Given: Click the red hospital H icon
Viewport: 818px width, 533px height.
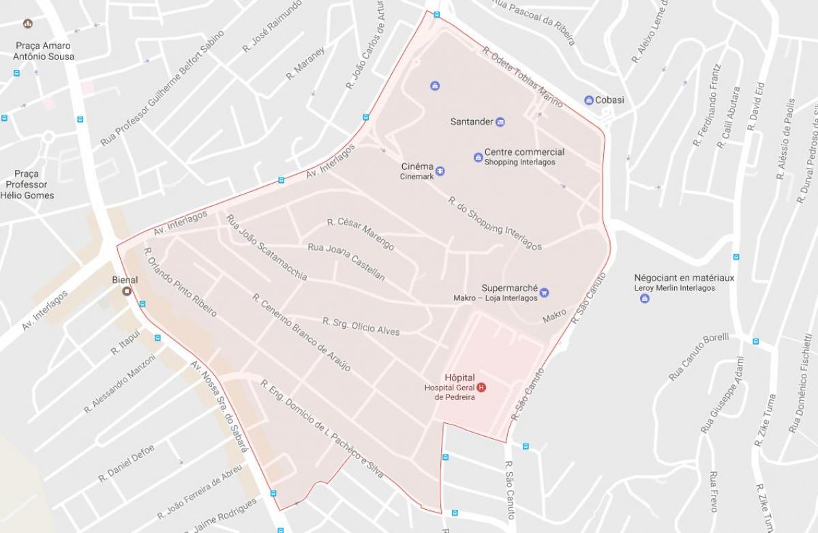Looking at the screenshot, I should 482,388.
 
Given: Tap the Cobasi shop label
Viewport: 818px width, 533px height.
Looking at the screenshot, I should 609,100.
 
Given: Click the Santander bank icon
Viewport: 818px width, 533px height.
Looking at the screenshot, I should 500,122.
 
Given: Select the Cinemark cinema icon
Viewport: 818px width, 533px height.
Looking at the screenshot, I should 440,171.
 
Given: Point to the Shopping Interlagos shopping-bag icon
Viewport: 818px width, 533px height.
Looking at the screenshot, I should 478,158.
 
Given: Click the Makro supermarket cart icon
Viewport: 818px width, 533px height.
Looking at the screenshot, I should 544,293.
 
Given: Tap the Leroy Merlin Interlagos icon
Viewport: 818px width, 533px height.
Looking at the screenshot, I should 645,298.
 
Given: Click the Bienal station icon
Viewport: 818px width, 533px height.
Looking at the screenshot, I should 127,291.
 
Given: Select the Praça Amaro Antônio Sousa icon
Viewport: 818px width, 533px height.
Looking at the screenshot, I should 28,24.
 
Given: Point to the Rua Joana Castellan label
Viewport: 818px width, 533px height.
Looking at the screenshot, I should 346,262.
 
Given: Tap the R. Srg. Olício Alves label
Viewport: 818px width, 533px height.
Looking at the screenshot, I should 361,326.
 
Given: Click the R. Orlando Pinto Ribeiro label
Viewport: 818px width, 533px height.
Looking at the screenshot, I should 180,282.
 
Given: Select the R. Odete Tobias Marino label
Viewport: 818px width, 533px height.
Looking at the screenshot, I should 522,76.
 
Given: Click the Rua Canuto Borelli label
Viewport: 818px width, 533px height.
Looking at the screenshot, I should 699,356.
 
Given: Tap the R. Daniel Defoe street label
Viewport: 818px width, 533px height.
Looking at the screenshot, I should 126,463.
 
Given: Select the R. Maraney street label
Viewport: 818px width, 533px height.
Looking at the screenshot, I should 305,63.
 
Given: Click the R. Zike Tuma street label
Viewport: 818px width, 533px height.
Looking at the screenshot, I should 766,420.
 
